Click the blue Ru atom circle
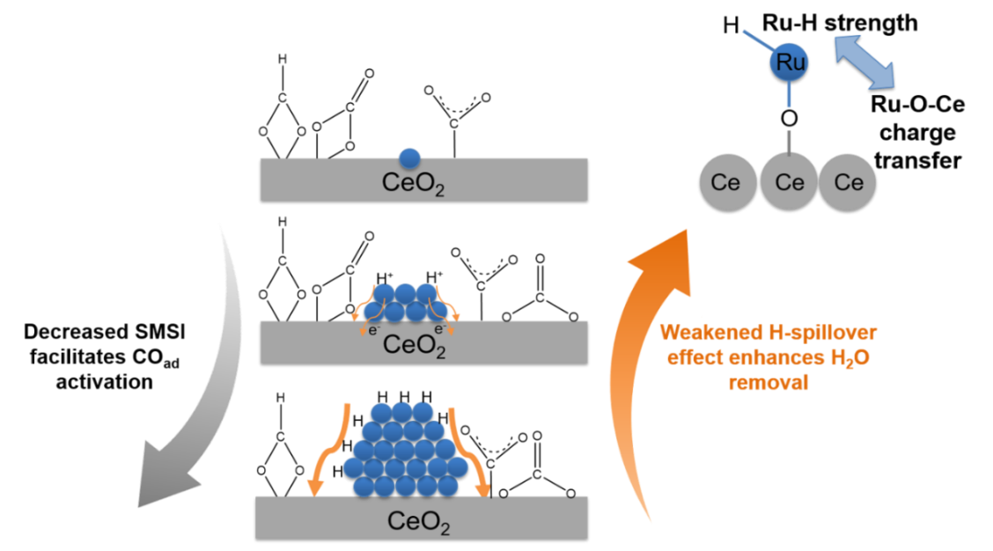click(789, 62)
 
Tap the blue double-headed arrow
click(864, 61)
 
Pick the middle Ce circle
click(789, 183)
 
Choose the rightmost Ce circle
click(848, 183)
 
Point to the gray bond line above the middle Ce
click(789, 139)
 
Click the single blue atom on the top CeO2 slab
click(409, 158)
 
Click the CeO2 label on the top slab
click(415, 183)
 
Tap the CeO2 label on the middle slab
click(414, 344)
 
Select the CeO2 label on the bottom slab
click(419, 522)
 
